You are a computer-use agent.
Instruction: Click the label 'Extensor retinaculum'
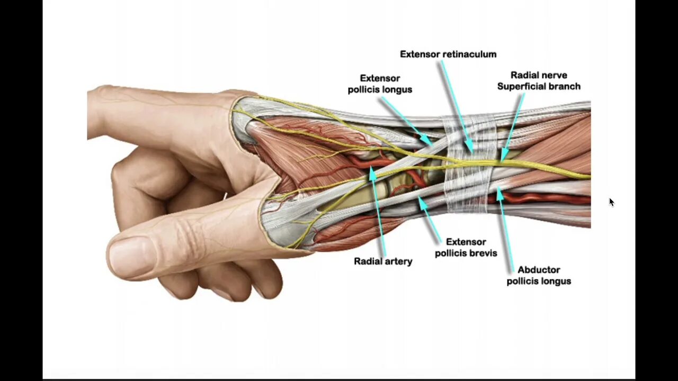pyautogui.click(x=448, y=54)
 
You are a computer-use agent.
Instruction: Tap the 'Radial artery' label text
pyautogui.click(x=383, y=261)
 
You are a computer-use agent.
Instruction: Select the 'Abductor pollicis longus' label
pyautogui.click(x=539, y=275)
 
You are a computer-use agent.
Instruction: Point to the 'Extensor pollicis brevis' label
pyautogui.click(x=466, y=247)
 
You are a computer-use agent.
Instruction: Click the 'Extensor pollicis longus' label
pyautogui.click(x=380, y=84)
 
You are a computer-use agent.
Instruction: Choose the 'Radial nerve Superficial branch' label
pyautogui.click(x=539, y=80)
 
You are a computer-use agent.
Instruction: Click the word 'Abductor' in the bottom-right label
pyautogui.click(x=539, y=269)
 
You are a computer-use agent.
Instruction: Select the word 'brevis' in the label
pyautogui.click(x=483, y=253)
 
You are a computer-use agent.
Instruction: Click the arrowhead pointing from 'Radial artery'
pyautogui.click(x=373, y=171)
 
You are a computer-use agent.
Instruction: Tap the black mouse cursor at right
pyautogui.click(x=611, y=202)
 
